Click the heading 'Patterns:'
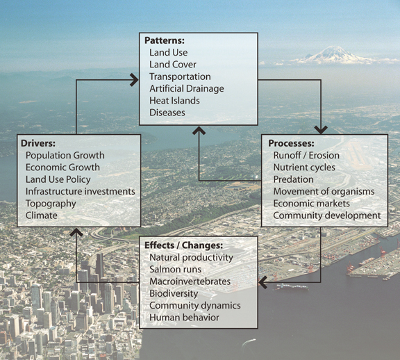pyautogui.click(x=165, y=40)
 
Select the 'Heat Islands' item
pyautogui.click(x=174, y=101)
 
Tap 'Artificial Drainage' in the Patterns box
pyautogui.click(x=187, y=88)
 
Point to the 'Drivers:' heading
pyautogui.click(x=38, y=143)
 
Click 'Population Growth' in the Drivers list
pyautogui.click(x=65, y=156)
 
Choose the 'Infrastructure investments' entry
pyautogui.click(x=81, y=192)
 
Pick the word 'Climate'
pyautogui.click(x=42, y=215)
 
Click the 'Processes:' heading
pyautogui.click(x=291, y=143)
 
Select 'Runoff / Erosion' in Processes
pyautogui.click(x=306, y=155)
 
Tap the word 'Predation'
pyautogui.click(x=293, y=179)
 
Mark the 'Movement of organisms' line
pyautogui.click(x=324, y=192)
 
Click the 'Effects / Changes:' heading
pyautogui.click(x=183, y=245)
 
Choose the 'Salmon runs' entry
pyautogui.click(x=175, y=270)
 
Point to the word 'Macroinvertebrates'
pyautogui.click(x=190, y=281)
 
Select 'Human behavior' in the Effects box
pyautogui.click(x=184, y=318)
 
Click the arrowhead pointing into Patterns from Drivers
pyautogui.click(x=135, y=80)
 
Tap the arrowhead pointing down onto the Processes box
pyautogui.click(x=321, y=130)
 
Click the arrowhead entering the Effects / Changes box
pyautogui.click(x=262, y=282)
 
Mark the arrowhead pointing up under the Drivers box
pyautogui.click(x=76, y=232)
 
